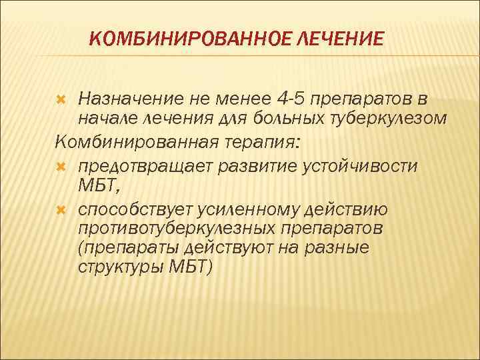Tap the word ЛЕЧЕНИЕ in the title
pyautogui.click(x=340, y=39)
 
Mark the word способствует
pyautogui.click(x=134, y=211)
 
